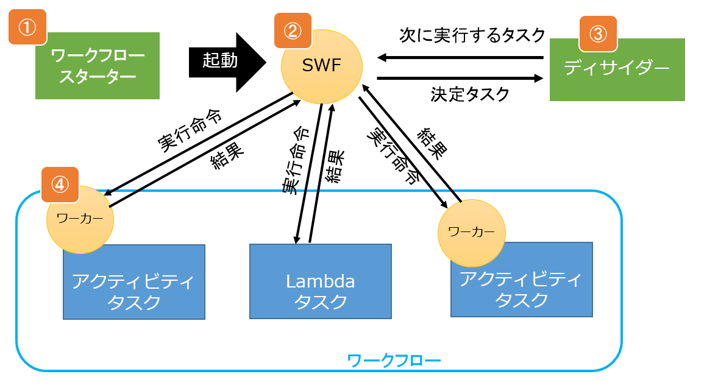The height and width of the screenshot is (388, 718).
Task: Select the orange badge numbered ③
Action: click(598, 34)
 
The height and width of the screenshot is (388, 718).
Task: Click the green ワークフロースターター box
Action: click(98, 66)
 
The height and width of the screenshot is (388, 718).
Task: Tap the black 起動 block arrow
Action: click(228, 60)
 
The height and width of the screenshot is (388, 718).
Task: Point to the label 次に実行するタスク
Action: click(472, 35)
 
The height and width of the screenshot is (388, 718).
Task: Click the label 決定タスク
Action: click(469, 94)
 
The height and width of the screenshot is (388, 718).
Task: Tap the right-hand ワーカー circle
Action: click(471, 232)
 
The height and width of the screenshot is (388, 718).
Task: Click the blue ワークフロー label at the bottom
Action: click(394, 360)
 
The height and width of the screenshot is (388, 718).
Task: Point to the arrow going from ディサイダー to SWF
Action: click(460, 58)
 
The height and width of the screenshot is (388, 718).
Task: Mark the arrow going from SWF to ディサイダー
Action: click(460, 78)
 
